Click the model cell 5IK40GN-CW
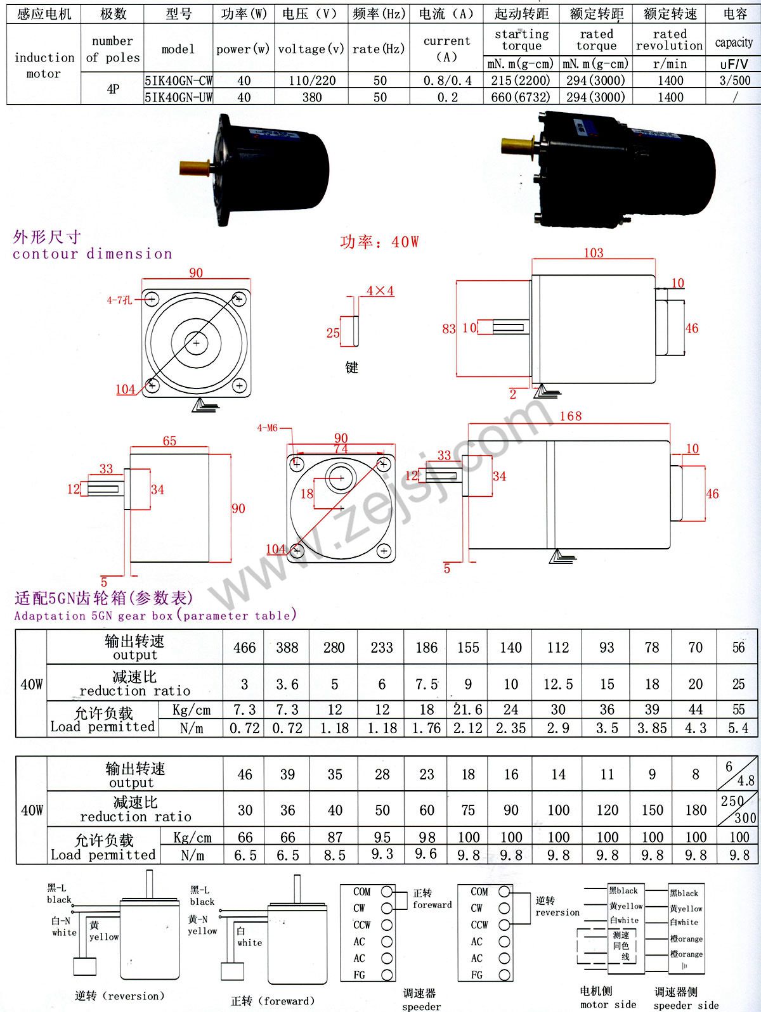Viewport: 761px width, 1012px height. [x=178, y=80]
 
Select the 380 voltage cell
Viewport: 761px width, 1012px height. [x=312, y=98]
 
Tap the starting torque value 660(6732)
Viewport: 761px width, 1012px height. [x=521, y=98]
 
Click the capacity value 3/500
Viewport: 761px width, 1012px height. [x=735, y=80]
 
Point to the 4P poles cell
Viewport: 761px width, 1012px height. [x=112, y=89]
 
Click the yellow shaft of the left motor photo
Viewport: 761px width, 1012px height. [x=193, y=167]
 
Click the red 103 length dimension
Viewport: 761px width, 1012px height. [x=593, y=253]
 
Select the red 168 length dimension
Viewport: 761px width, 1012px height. [x=571, y=416]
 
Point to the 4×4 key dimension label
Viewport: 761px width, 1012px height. [x=380, y=290]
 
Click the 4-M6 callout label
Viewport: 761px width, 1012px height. [x=268, y=428]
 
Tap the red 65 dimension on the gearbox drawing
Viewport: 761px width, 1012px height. [x=169, y=441]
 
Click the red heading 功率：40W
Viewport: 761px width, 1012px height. [x=379, y=241]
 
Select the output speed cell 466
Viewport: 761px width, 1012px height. [x=244, y=647]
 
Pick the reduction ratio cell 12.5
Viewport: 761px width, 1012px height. [x=558, y=684]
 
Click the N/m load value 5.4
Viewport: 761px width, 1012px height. [x=738, y=728]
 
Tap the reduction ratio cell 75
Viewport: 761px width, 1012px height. [x=468, y=810]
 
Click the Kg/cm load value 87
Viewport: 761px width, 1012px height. [x=335, y=837]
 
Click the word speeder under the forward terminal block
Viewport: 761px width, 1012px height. [x=421, y=1006]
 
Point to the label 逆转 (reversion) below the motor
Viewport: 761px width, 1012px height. [x=119, y=996]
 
